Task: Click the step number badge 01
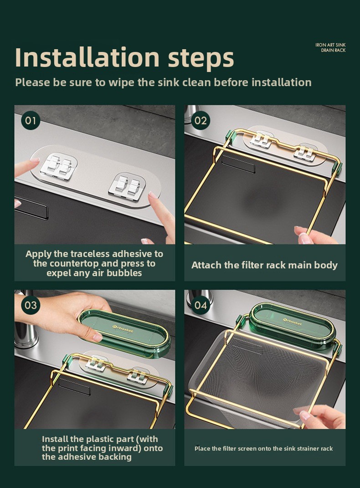31,120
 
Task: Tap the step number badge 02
201,120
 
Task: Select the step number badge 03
31,305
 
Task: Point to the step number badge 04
201,305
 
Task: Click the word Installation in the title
87,57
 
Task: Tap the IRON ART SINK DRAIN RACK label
330,48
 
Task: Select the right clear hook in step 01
127,187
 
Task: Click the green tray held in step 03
124,333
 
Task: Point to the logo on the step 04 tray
292,322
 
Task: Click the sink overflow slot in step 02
238,164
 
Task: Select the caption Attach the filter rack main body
264,265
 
